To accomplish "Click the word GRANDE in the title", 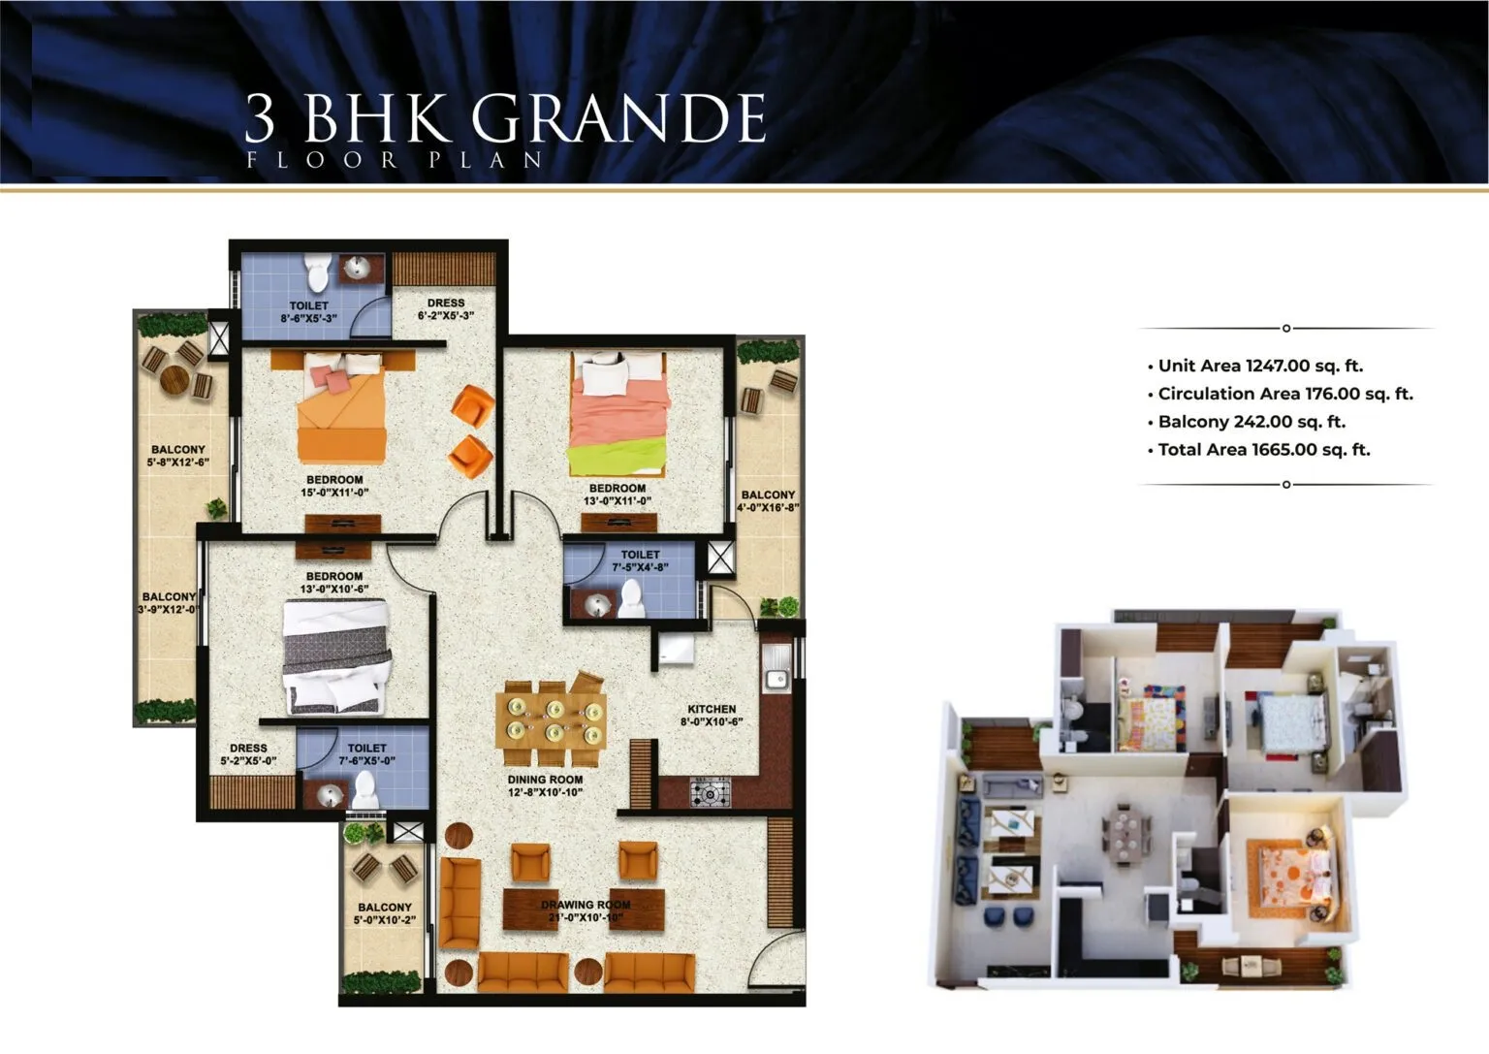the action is pos(618,117).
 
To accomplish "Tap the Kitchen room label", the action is pos(712,716).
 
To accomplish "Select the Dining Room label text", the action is pos(545,786).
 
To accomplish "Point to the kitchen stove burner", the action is pos(711,792).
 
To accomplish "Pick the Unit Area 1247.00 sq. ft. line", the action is pos(1255,366).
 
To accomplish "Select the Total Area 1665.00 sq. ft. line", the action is pos(1259,450).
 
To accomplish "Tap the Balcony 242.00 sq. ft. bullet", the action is pos(1247,422).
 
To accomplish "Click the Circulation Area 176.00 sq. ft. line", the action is pos(1281,394).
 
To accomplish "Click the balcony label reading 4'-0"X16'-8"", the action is pos(769,501).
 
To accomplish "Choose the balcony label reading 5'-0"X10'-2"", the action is pos(385,913).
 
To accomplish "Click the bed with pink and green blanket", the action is pos(618,414).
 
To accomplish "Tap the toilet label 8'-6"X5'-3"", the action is pos(309,312).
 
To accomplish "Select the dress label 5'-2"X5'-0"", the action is pos(248,754).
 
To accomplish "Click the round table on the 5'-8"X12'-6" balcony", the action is pos(175,380).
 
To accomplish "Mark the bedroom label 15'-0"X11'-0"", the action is pos(335,486).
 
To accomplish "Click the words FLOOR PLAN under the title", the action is pos(395,160).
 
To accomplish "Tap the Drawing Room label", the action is pos(586,911).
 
